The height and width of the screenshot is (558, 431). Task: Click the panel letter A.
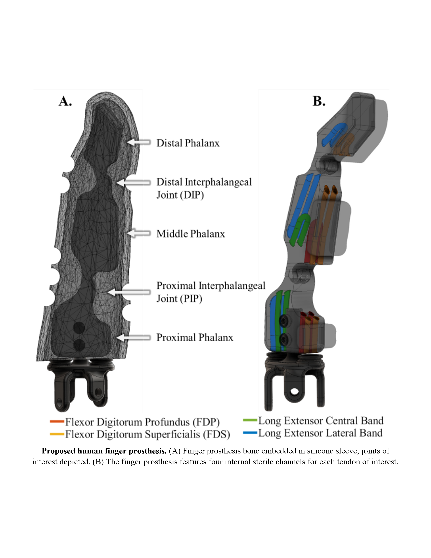pyautogui.click(x=65, y=101)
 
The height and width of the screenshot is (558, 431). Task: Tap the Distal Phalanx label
pyautogui.click(x=188, y=143)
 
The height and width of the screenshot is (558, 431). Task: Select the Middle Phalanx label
pyautogui.click(x=191, y=234)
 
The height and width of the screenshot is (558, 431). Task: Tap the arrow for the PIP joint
pyautogui.click(x=129, y=292)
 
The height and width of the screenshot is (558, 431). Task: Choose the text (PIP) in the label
pyautogui.click(x=191, y=299)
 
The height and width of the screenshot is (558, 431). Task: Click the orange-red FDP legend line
pyautogui.click(x=57, y=421)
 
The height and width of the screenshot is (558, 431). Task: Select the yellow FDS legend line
pyautogui.click(x=57, y=434)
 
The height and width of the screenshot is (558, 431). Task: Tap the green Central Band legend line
pyautogui.click(x=250, y=420)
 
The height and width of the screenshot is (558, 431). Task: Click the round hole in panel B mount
pyautogui.click(x=294, y=391)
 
